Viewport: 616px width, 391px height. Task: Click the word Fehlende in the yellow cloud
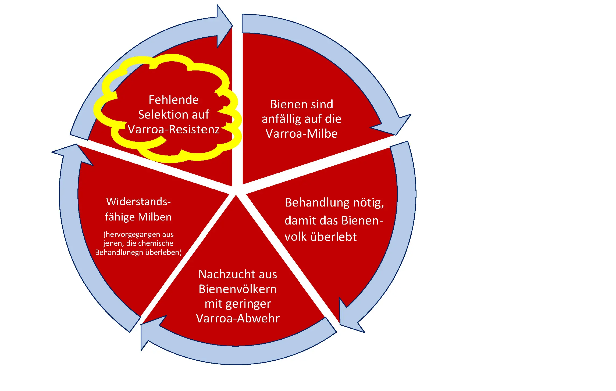(x=174, y=100)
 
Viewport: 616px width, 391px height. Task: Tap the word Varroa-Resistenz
(x=174, y=129)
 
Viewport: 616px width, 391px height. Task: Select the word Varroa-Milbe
(x=301, y=134)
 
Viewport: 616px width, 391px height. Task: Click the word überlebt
(x=333, y=237)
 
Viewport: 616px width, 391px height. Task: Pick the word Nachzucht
(x=223, y=274)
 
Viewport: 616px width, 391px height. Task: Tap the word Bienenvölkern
(x=238, y=289)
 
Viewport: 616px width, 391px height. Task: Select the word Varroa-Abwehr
(x=238, y=318)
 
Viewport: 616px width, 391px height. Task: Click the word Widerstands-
(x=138, y=202)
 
